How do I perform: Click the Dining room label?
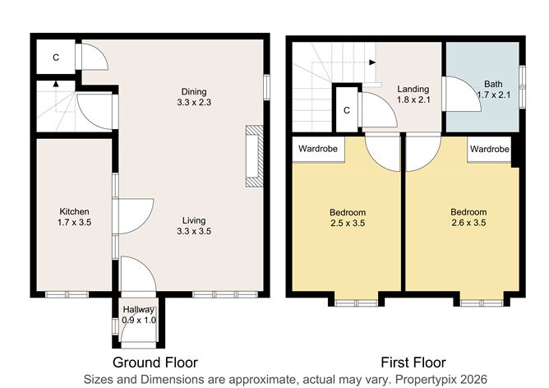click(194, 91)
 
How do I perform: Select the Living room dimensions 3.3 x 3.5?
click(194, 232)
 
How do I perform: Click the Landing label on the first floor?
click(409, 89)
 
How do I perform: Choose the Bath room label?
click(493, 84)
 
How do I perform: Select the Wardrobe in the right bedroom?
click(490, 150)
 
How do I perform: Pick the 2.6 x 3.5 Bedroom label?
click(468, 218)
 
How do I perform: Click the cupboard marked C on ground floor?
click(55, 58)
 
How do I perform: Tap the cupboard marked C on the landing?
click(347, 110)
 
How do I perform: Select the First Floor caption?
click(413, 362)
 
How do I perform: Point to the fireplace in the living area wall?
click(254, 158)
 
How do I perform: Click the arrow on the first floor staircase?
click(372, 62)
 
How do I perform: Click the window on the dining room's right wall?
click(266, 86)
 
